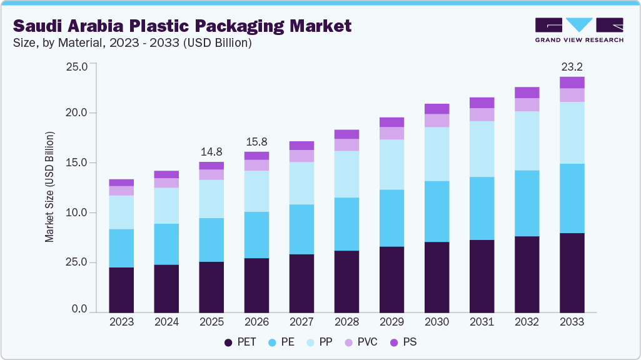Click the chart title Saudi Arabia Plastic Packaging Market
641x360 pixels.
[182, 26]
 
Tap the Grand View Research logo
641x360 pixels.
[579, 30]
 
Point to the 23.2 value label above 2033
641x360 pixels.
[572, 66]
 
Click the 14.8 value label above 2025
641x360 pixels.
[211, 151]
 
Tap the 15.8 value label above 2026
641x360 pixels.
[256, 141]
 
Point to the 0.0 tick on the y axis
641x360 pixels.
[81, 309]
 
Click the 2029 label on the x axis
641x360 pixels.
[391, 322]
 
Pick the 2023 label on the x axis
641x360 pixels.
[121, 322]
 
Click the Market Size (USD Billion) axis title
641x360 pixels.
[49, 187]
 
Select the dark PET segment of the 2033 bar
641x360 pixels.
[572, 272]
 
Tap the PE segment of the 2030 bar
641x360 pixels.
[437, 211]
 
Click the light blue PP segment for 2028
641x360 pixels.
[346, 174]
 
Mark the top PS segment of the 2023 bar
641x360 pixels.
[121, 182]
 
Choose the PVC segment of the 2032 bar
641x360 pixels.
[527, 104]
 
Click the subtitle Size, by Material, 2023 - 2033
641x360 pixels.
[133, 43]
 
